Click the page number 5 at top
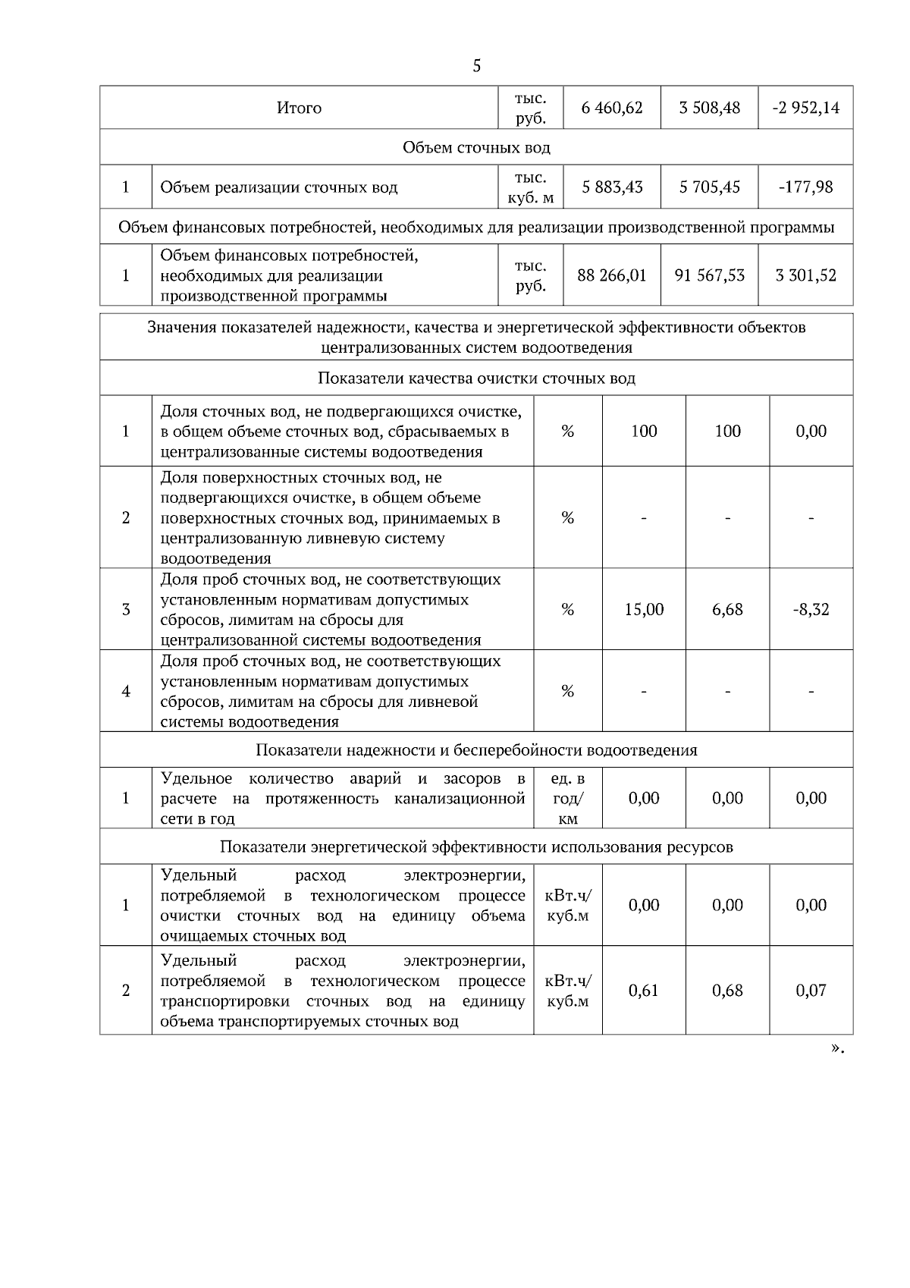click(x=476, y=66)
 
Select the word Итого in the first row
click(x=299, y=108)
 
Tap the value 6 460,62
click(x=611, y=108)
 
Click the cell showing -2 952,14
click(x=805, y=108)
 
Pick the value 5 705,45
click(x=709, y=187)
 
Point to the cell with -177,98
click(x=805, y=187)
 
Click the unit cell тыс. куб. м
click(x=530, y=187)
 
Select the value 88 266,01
click(x=611, y=275)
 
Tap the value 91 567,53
click(x=709, y=275)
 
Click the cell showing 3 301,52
click(x=805, y=275)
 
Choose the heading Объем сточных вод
click(x=476, y=147)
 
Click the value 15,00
click(x=644, y=609)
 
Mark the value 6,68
click(x=727, y=609)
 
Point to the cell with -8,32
click(x=811, y=609)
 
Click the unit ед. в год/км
click(x=568, y=799)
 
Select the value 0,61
click(x=644, y=990)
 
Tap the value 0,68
click(x=727, y=990)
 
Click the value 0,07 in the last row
click(x=811, y=990)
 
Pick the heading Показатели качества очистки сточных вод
click(x=476, y=378)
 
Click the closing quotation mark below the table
click(x=836, y=1048)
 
